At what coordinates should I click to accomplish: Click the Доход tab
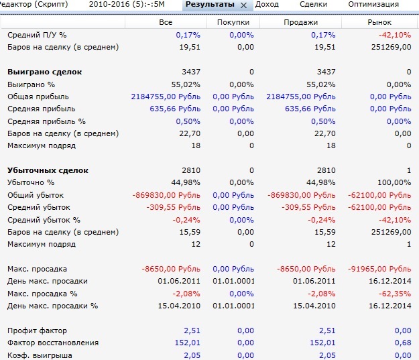267,5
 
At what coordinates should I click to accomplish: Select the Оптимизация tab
373,5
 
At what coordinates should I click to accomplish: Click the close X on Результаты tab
243,5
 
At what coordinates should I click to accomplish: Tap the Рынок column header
380,22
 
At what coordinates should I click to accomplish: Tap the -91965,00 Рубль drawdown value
380,269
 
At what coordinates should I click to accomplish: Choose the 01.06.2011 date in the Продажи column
316,281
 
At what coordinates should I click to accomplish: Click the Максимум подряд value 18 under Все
194,145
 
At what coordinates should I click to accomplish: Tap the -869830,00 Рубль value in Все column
167,195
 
